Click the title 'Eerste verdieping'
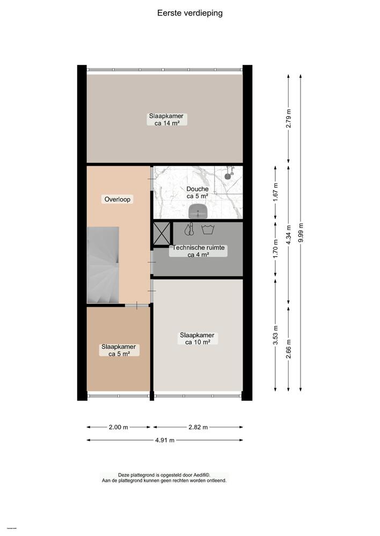tap(190, 13)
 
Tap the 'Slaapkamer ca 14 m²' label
tap(166, 120)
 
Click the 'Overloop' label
tap(118, 199)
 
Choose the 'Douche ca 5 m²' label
tap(198, 192)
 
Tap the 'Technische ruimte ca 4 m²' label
tap(198, 251)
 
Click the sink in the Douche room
tap(198, 211)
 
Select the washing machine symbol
tap(207, 229)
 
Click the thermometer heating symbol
tap(189, 229)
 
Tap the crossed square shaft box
tap(162, 233)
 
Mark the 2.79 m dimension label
tap(289, 119)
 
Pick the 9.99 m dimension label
tap(301, 233)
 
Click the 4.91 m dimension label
tap(165, 441)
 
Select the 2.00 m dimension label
tap(119, 427)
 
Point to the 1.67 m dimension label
tap(275, 192)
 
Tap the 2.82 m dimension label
tap(198, 427)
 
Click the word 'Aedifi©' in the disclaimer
tap(200, 475)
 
